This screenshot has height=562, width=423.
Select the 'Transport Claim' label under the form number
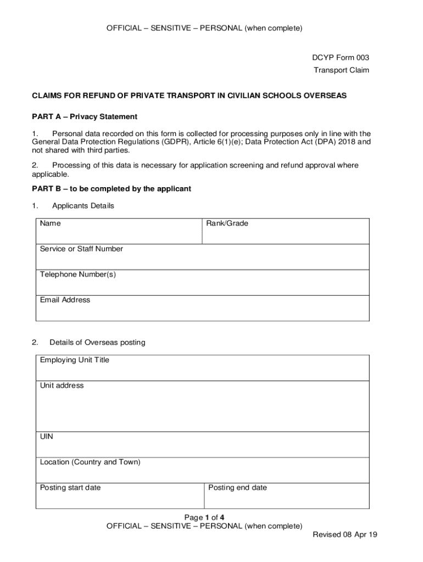pos(341,70)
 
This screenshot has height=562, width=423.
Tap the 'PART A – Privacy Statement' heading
pos(84,117)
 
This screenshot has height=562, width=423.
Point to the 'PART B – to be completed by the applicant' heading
pos(112,189)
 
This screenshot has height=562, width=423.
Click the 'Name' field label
pos(50,223)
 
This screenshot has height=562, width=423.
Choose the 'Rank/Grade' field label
pos(227,223)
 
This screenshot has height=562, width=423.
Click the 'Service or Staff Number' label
pos(81,249)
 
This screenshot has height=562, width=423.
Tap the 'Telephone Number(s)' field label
pos(77,274)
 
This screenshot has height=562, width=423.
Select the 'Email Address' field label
pos(65,300)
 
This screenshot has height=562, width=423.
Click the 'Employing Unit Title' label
pos(74,360)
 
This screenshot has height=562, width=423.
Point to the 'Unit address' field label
pos(62,386)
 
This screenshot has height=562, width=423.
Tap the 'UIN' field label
pos(47,437)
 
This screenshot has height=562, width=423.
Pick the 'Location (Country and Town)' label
pos(90,462)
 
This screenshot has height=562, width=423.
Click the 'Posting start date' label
pos(70,488)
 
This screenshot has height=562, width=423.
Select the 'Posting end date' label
pos(237,488)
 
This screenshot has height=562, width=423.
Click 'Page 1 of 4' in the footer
pos(204,518)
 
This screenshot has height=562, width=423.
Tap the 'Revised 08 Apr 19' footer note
pos(345,535)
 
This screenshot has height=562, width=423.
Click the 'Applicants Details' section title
pos(83,206)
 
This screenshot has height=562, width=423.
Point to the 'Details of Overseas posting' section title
pos(97,342)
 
